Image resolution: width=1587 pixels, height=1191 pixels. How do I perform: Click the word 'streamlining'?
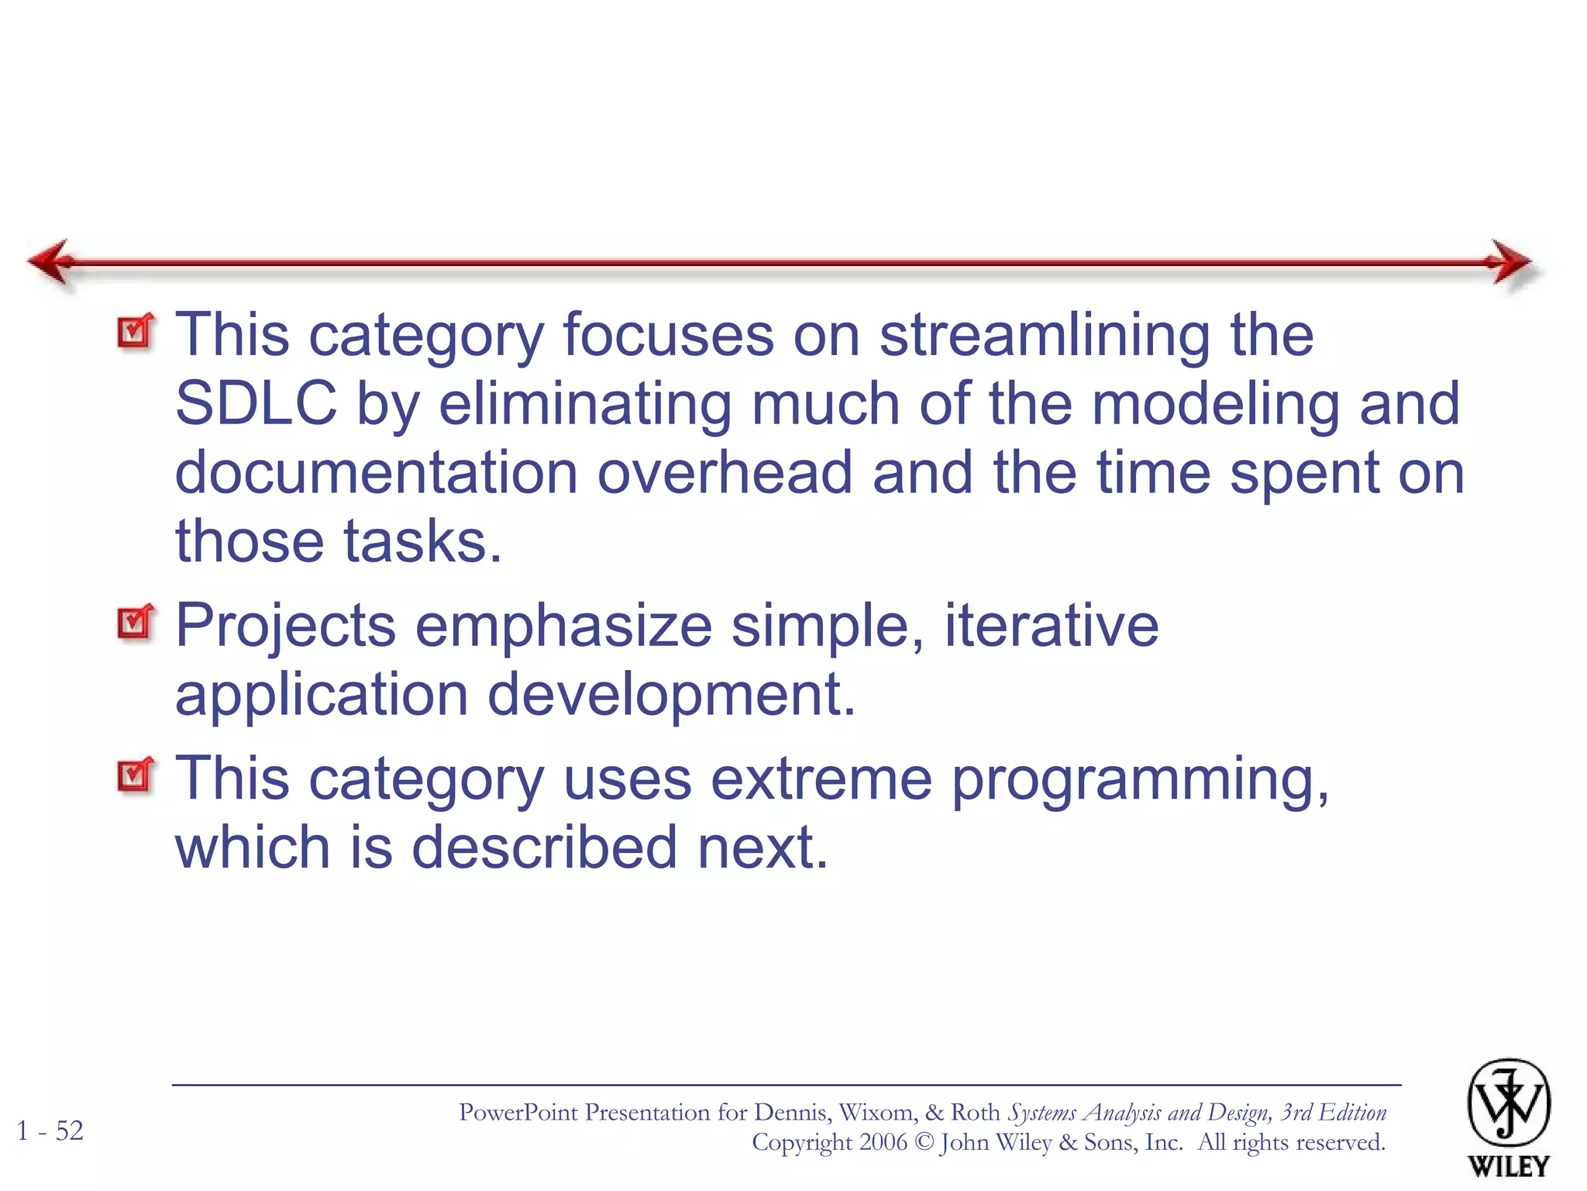coord(1045,336)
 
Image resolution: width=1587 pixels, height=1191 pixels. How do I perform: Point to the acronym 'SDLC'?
coord(256,404)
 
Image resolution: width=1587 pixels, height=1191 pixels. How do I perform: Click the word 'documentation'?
coord(377,472)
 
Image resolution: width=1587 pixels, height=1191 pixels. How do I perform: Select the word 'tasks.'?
coord(423,540)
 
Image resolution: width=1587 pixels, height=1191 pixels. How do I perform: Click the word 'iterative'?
coord(1051,625)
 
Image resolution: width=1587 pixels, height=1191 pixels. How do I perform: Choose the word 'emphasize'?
coord(563,627)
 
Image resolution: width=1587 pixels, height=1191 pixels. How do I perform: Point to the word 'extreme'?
coord(821,778)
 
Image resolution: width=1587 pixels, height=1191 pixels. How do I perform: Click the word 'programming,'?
coord(1140,780)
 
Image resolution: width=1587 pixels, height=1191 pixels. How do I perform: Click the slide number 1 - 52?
coord(50,1131)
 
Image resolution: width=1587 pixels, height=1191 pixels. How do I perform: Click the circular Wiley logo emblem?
coord(1508,1103)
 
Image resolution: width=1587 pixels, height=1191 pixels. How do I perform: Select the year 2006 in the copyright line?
coord(883,1142)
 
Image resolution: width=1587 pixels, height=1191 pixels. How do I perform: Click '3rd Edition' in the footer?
coord(1333,1113)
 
